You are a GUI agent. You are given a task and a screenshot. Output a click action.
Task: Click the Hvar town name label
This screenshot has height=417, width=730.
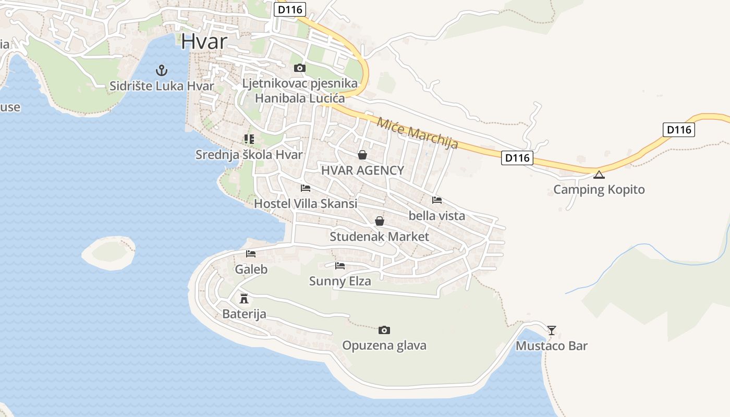pos(205,41)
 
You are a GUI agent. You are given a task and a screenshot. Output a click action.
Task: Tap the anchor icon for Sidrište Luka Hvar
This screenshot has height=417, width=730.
pos(162,70)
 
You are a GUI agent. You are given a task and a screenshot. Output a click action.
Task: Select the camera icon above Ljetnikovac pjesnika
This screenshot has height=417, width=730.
pos(299,68)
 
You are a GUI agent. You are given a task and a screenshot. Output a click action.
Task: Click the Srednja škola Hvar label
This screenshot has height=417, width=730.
pos(249,155)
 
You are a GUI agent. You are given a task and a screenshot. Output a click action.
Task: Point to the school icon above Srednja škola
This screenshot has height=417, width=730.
pos(249,139)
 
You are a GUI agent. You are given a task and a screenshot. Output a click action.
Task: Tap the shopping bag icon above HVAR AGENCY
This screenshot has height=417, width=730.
pos(362,155)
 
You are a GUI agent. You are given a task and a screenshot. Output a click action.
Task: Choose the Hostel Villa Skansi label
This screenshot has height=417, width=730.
pos(305,204)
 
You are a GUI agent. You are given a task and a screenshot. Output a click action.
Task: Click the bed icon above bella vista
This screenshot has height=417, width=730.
pos(437,200)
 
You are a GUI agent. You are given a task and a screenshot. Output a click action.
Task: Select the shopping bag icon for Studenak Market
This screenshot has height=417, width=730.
pos(380,221)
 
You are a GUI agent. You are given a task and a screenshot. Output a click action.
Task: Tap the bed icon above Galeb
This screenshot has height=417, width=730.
pos(251,254)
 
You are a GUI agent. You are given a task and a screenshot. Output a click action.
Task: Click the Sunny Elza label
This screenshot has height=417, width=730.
pos(340,281)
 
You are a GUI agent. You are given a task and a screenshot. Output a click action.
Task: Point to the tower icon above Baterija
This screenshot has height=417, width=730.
pos(244,299)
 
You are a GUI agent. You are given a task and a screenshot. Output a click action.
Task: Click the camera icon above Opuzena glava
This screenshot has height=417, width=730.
pos(384,330)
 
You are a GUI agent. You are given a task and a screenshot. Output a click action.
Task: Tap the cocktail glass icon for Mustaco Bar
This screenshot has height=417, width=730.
pos(552,330)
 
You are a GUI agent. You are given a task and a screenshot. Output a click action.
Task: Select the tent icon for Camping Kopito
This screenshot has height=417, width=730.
pos(599,174)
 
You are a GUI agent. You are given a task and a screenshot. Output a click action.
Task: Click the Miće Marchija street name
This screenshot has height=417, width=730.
pos(417,133)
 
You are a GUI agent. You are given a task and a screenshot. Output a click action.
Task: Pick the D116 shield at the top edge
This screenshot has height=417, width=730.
pos(290,9)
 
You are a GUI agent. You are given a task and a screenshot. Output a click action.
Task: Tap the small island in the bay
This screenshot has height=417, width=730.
pos(109,253)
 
